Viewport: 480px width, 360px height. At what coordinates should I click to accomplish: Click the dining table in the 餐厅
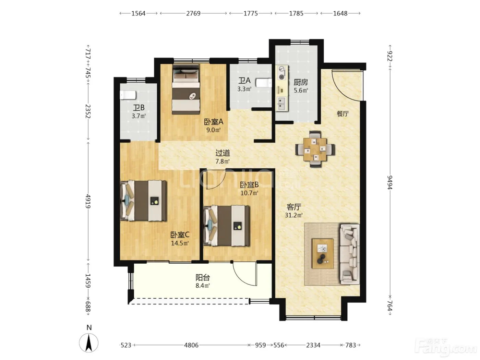tap(315, 149)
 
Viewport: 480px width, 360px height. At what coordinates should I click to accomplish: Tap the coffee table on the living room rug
tap(323, 254)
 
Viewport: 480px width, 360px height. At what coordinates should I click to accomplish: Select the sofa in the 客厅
tap(349, 254)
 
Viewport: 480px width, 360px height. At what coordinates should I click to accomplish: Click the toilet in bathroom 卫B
tap(128, 95)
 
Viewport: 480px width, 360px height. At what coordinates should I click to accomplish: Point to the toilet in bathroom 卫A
tap(264, 83)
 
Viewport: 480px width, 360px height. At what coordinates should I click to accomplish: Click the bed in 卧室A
tap(186, 89)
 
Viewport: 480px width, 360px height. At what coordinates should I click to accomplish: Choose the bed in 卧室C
tap(143, 201)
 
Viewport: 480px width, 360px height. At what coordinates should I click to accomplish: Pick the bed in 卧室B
tap(226, 226)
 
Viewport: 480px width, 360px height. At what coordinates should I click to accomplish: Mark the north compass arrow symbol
tap(88, 343)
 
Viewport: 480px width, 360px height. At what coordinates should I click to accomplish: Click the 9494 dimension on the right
tap(390, 182)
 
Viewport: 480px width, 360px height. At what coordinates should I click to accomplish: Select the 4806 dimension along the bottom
tap(191, 345)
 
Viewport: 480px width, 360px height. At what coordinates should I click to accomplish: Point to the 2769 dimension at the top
tap(193, 14)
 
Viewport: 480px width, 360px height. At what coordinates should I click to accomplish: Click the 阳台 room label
tap(203, 278)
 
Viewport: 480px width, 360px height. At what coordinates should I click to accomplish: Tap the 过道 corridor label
tap(223, 153)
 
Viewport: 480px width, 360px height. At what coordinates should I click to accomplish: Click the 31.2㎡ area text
tap(293, 215)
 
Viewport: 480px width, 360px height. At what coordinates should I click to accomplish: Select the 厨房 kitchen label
tap(301, 82)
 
